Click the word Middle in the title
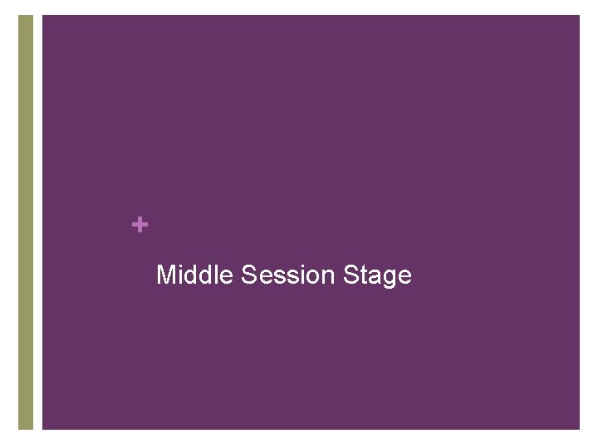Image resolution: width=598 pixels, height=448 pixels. coord(195,275)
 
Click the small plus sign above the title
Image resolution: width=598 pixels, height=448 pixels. coord(140,224)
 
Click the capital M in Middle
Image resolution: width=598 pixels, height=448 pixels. coord(166,275)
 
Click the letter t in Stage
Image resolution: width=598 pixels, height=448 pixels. coord(362,275)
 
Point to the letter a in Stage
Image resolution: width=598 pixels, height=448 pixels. coord(373,276)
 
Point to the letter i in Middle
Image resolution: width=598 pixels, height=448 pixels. coord(180,275)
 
